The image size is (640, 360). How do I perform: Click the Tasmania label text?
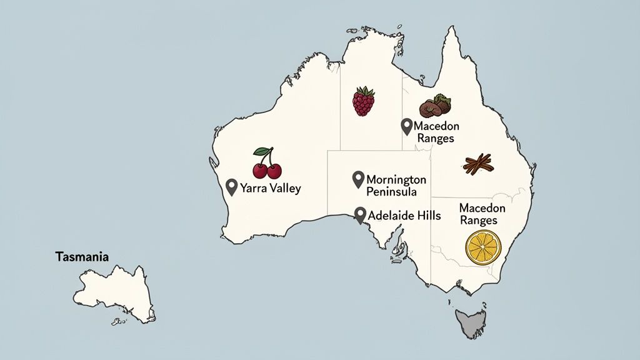point(82,257)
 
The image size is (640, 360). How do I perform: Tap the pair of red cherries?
point(267,166)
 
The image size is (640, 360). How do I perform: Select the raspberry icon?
point(364,101)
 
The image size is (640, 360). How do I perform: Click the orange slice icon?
point(483,247)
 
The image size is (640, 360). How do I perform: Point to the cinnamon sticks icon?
point(479,164)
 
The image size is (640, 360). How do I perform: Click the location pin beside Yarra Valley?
point(231,187)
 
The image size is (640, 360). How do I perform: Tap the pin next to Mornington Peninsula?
point(358,179)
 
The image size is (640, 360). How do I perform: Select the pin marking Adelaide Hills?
point(359,215)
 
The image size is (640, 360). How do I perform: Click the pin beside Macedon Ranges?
point(406,126)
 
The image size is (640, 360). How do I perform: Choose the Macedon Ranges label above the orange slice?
point(478,214)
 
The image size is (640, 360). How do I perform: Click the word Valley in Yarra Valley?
point(284,188)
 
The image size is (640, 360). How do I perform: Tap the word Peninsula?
point(391,192)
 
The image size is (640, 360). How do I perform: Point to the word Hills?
point(426,216)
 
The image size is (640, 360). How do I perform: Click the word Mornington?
point(396,179)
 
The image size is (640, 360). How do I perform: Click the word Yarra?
point(253,188)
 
